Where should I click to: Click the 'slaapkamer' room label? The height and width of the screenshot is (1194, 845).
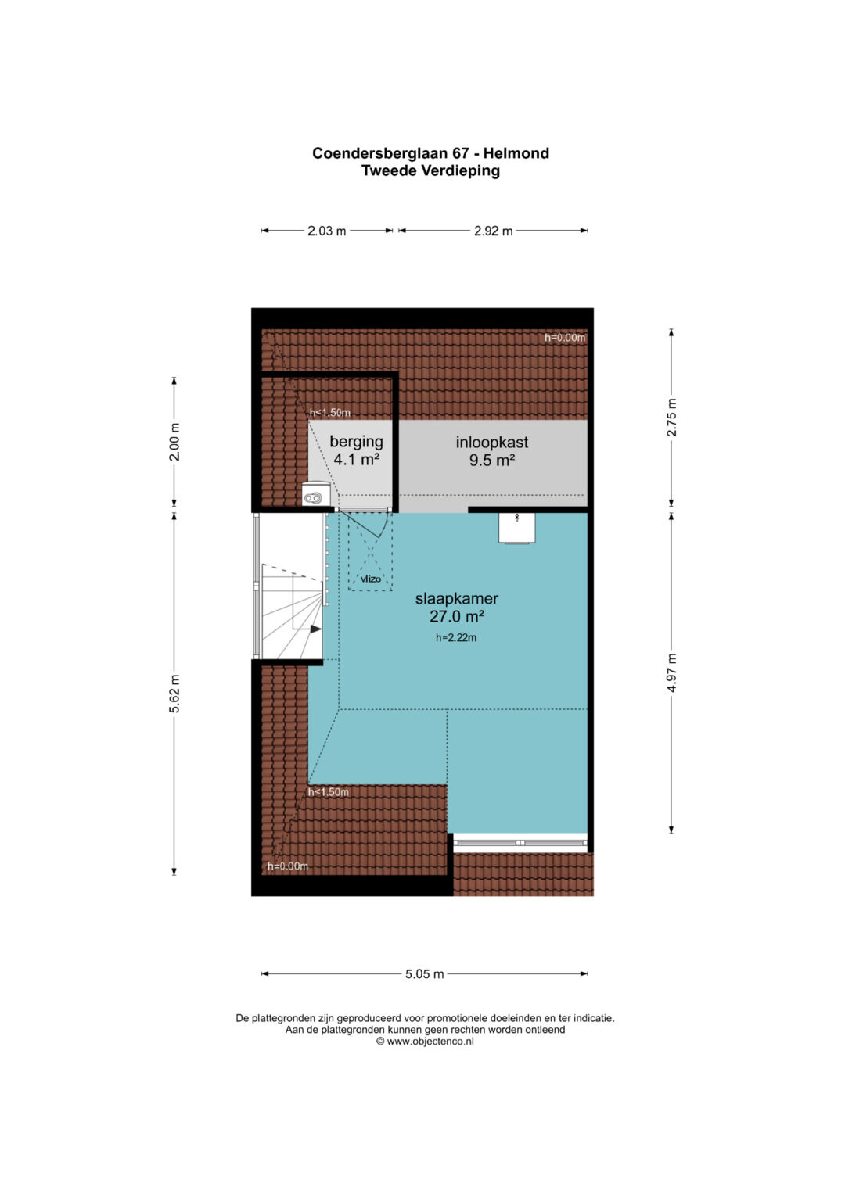[456, 599]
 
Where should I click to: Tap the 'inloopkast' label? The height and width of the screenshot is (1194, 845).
[492, 443]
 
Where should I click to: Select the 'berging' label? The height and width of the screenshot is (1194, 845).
[356, 442]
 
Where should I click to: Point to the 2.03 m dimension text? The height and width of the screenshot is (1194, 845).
[326, 231]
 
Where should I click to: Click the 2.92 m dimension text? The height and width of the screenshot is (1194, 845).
[494, 231]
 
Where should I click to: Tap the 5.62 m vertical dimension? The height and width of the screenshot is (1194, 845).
[174, 694]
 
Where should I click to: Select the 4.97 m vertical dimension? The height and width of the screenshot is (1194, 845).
[671, 672]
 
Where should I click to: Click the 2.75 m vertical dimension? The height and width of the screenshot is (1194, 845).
[671, 418]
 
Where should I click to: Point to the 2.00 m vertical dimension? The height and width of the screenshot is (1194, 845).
[174, 441]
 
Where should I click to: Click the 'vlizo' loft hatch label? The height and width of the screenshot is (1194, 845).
[370, 579]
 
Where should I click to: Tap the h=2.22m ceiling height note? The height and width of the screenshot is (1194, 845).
[456, 637]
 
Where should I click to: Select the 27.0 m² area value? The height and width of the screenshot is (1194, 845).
[457, 617]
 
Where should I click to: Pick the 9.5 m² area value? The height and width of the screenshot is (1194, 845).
[492, 460]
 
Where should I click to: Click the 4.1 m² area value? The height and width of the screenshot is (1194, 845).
[356, 460]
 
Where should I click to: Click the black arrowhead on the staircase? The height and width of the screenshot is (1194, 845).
[316, 629]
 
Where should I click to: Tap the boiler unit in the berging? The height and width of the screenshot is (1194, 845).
[316, 494]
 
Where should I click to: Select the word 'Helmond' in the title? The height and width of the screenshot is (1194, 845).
[516, 153]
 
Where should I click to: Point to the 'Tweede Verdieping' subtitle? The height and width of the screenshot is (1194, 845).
[430, 171]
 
